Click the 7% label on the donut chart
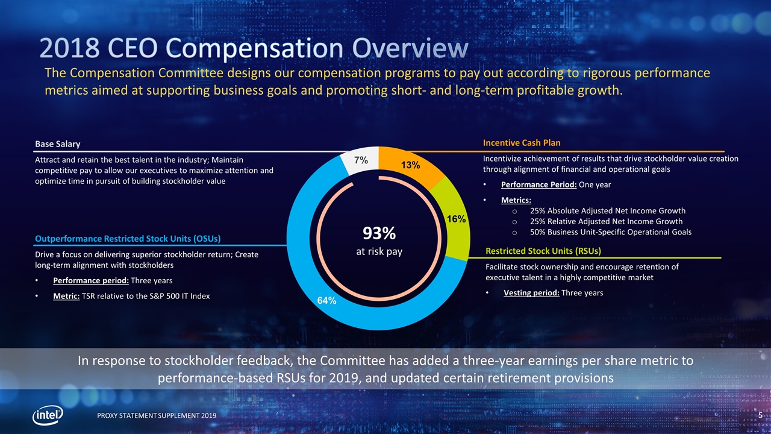(361, 160)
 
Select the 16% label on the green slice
(455, 219)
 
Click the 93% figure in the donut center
(378, 233)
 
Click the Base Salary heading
(57, 143)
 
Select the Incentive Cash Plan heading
(522, 143)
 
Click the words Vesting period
(531, 293)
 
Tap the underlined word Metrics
(516, 200)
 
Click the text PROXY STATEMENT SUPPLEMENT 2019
(154, 417)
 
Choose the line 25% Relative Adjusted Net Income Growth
(606, 221)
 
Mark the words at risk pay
(378, 251)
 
